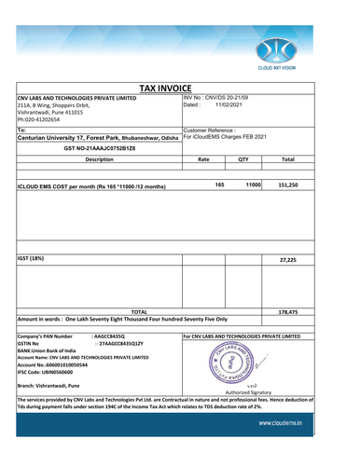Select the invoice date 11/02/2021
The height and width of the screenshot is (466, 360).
pyautogui.click(x=223, y=106)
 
